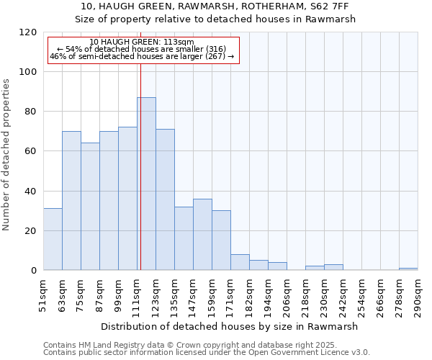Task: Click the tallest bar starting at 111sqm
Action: tap(147, 184)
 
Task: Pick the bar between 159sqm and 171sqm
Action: tap(221, 240)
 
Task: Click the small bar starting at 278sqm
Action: tap(408, 269)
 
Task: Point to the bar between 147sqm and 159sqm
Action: tap(202, 235)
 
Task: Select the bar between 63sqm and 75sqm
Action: tap(71, 201)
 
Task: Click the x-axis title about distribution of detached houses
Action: tap(230, 326)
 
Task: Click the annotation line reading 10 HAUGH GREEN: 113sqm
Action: tap(142, 42)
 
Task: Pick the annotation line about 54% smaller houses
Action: tap(141, 49)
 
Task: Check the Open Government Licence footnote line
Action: tap(207, 352)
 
